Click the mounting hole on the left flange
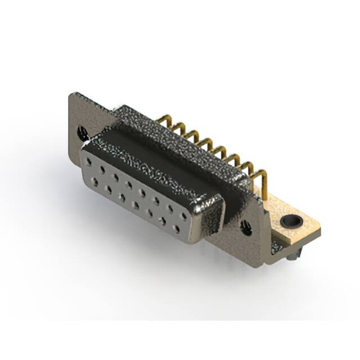[83, 133]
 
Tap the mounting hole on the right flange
[246, 227]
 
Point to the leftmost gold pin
[166, 120]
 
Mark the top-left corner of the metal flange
[71, 94]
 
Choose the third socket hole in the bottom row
[121, 197]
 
